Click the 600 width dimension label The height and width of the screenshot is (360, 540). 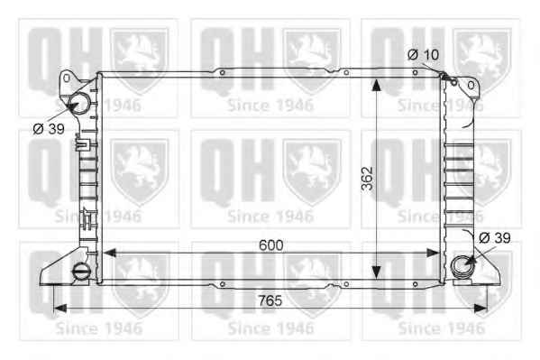click(271, 245)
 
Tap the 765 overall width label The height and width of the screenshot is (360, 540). click(270, 300)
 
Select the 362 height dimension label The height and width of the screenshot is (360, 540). click(368, 179)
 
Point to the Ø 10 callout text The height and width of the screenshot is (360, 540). click(423, 54)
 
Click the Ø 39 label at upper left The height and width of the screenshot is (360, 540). click(49, 129)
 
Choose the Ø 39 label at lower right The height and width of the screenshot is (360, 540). click(495, 237)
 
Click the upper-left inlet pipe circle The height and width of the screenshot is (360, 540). click(79, 103)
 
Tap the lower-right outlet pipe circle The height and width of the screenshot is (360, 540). click(461, 266)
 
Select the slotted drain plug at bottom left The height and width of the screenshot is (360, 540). click(80, 270)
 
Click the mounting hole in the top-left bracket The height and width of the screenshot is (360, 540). click(67, 78)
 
